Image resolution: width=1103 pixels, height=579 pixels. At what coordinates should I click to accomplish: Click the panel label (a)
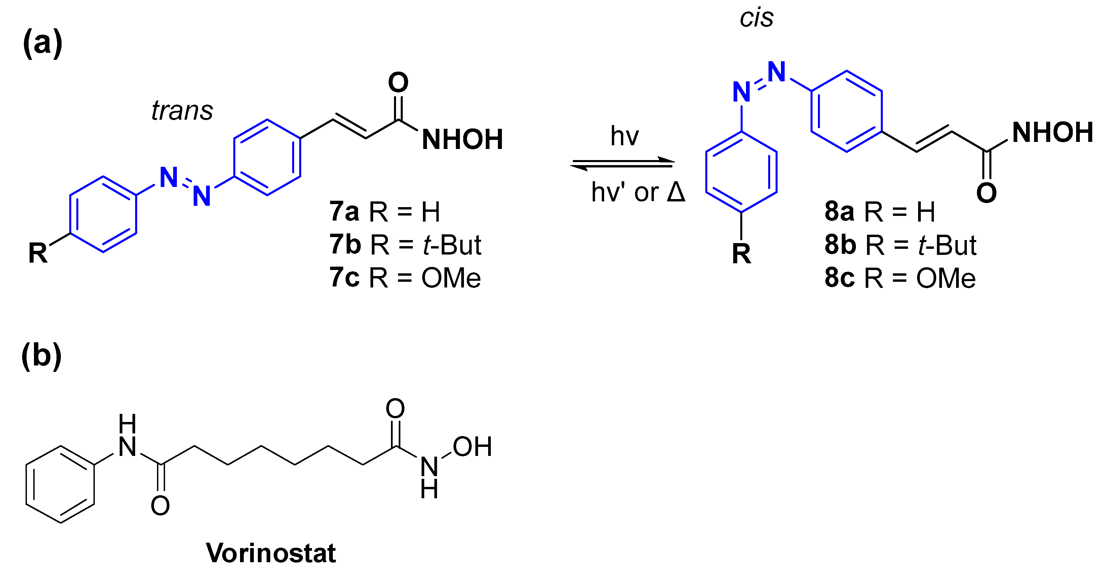[x=42, y=43]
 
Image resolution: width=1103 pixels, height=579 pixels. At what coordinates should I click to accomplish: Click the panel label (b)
[x=42, y=355]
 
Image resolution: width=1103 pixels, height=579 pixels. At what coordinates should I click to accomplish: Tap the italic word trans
[x=182, y=111]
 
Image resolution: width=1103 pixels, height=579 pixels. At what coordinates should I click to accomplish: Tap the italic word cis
[x=756, y=18]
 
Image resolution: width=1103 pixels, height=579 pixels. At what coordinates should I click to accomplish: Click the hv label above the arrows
[x=624, y=136]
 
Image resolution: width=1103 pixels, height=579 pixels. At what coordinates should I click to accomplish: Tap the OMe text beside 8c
[x=945, y=278]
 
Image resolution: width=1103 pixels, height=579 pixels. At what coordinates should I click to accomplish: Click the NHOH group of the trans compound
[x=462, y=140]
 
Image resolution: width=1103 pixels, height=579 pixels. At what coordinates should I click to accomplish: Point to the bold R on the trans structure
[x=38, y=253]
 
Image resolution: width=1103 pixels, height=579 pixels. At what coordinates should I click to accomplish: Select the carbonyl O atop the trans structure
[x=398, y=82]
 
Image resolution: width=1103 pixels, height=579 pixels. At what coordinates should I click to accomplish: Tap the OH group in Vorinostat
[x=472, y=447]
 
